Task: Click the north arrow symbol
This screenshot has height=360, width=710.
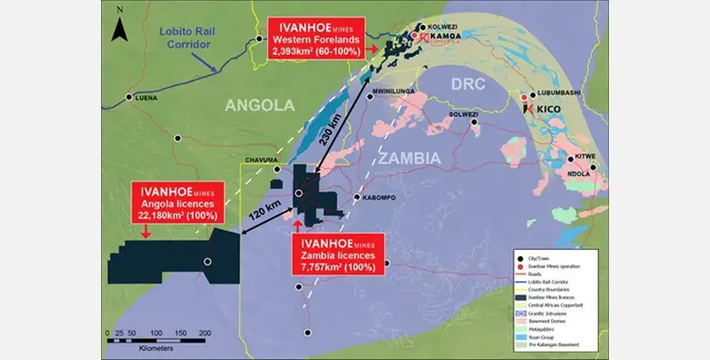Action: (117, 27)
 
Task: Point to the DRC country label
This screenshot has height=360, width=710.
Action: (471, 83)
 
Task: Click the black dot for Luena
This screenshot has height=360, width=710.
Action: (131, 97)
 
